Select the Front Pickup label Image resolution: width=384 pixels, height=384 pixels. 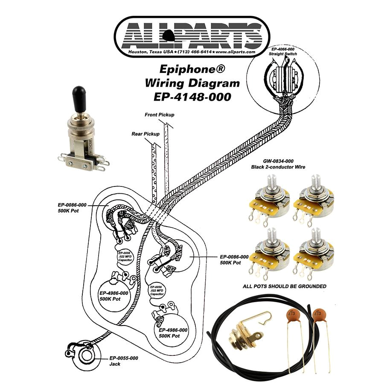(x=160, y=115)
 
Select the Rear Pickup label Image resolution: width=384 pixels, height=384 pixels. (x=145, y=134)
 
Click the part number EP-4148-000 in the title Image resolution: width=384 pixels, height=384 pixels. (x=192, y=96)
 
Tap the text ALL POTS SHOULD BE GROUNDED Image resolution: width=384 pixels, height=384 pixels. (x=285, y=286)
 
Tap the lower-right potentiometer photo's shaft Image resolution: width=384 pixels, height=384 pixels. (x=318, y=238)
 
